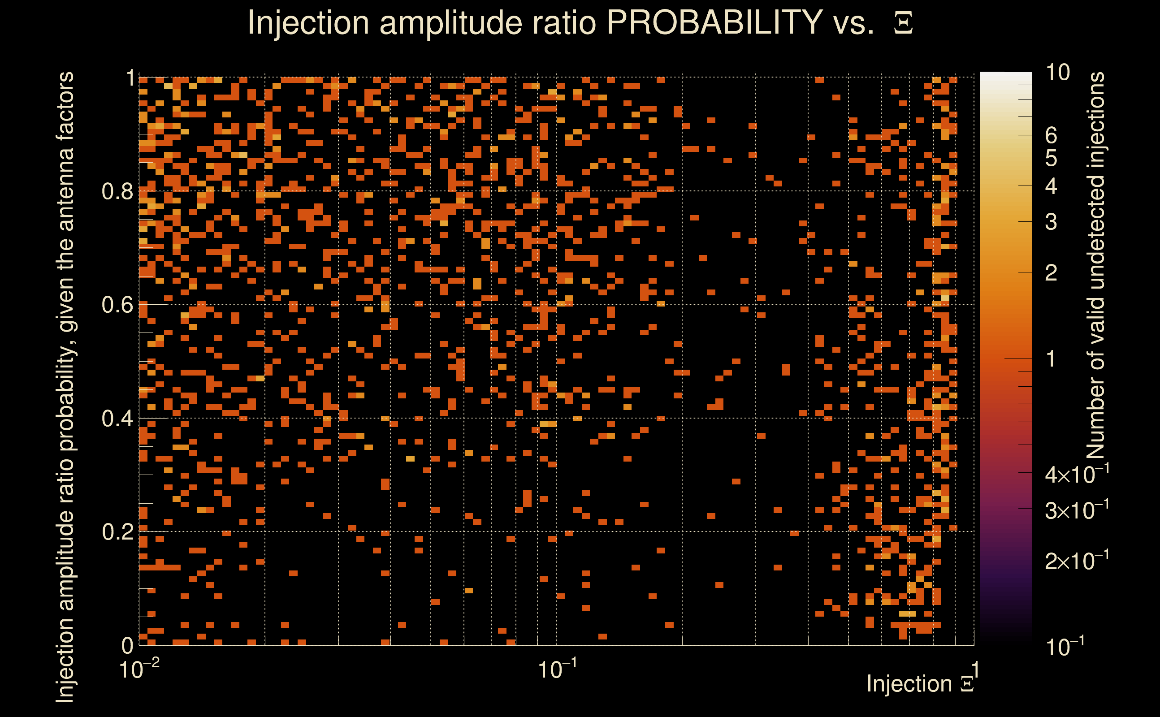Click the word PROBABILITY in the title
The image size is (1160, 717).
click(x=714, y=22)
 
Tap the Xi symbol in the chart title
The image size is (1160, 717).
click(x=903, y=23)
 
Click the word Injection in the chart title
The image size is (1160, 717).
click(x=308, y=22)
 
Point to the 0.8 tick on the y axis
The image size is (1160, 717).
click(x=117, y=192)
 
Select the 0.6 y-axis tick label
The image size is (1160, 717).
click(x=117, y=304)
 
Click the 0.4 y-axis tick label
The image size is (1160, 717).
click(x=117, y=418)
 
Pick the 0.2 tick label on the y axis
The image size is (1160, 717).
click(x=117, y=531)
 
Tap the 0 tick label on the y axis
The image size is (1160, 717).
click(x=127, y=645)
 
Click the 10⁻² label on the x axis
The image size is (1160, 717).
click(x=139, y=669)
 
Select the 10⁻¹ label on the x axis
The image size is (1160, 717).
click(x=557, y=669)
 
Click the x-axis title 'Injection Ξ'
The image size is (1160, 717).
click(x=921, y=684)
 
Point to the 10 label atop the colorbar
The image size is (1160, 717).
click(x=1057, y=73)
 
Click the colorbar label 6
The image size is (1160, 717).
click(x=1051, y=136)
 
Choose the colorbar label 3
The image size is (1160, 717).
click(x=1051, y=222)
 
